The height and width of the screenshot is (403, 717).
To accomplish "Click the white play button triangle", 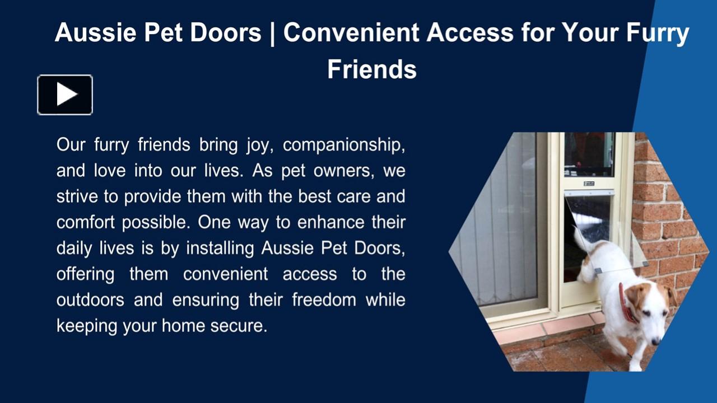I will click(x=66, y=95).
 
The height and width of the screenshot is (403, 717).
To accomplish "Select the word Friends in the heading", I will click(x=371, y=69).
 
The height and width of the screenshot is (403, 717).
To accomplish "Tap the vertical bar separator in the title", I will click(x=272, y=33).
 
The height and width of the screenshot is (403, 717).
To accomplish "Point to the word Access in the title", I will click(x=469, y=33).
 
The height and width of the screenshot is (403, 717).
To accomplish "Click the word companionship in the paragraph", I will click(x=343, y=145).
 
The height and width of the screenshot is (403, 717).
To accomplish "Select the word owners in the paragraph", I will click(x=342, y=171).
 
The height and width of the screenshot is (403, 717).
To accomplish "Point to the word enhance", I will click(x=331, y=222).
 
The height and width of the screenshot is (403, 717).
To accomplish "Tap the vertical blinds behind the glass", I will click(x=499, y=224).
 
